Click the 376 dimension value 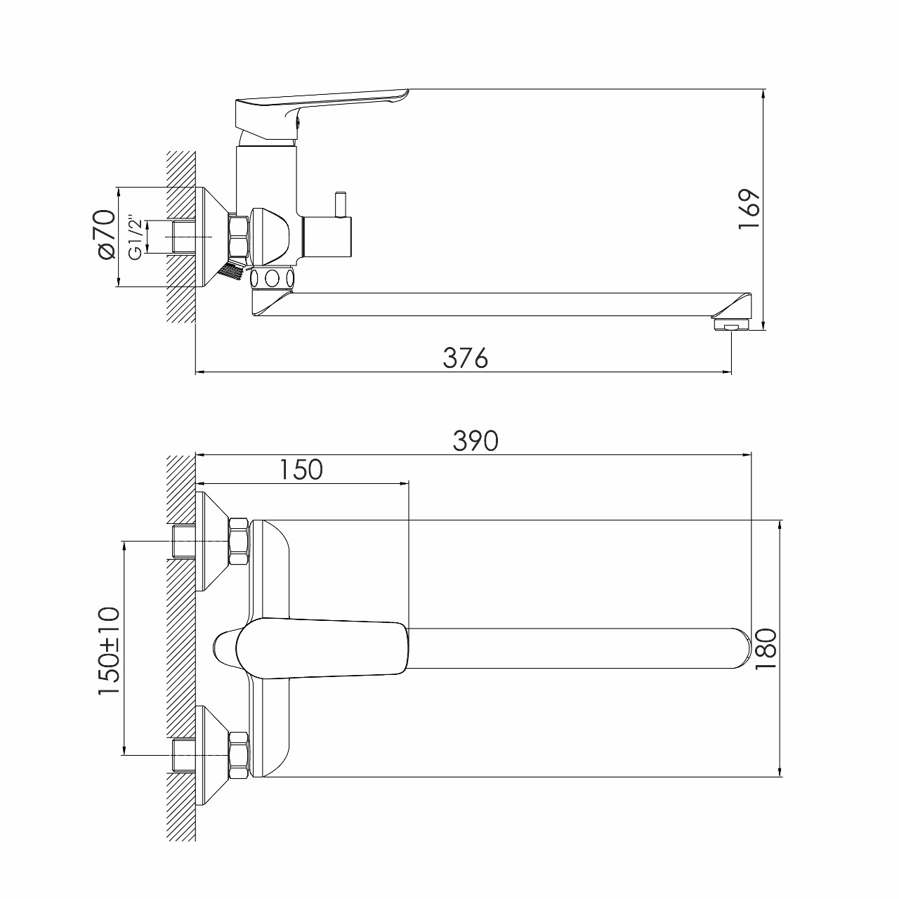[x=465, y=358]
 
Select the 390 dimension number [x=475, y=441]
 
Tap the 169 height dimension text [x=750, y=209]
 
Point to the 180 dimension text [x=766, y=649]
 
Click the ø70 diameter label [x=105, y=234]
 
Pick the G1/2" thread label [x=134, y=237]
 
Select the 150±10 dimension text [x=110, y=651]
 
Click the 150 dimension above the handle [x=301, y=469]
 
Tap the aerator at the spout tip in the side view [x=731, y=324]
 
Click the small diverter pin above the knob [x=342, y=204]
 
